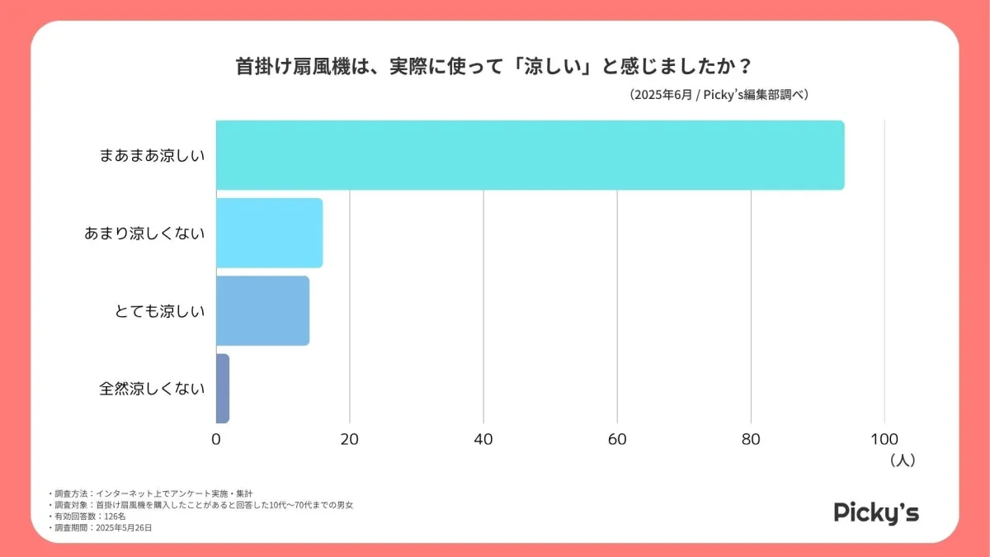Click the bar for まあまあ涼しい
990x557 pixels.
click(x=530, y=155)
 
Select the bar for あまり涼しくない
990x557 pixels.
click(x=269, y=233)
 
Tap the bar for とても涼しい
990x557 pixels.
click(x=262, y=310)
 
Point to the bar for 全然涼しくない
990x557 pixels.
click(x=223, y=388)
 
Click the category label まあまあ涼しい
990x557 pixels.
click(x=152, y=155)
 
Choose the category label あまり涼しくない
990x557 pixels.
click(x=144, y=234)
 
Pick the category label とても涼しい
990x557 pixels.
click(x=159, y=311)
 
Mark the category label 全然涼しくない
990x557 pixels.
click(x=152, y=389)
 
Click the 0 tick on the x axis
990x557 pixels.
click(x=216, y=439)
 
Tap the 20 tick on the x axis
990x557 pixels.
click(x=350, y=439)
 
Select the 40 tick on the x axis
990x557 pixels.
click(x=483, y=439)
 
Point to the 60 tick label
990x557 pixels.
click(x=617, y=439)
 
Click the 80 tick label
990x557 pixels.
click(x=751, y=439)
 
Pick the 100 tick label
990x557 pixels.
click(x=884, y=439)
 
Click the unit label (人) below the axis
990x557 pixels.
click(x=903, y=460)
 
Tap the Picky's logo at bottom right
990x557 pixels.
click(x=876, y=512)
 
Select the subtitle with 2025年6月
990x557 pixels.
click(x=718, y=95)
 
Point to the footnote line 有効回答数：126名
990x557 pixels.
click(x=89, y=516)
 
